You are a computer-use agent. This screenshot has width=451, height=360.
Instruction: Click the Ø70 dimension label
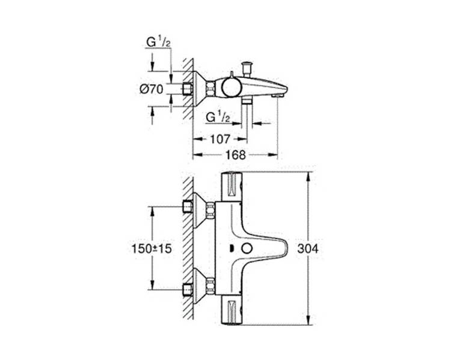152,89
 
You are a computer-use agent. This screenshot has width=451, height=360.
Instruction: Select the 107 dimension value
220,139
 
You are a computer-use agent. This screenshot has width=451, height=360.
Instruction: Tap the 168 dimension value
236,155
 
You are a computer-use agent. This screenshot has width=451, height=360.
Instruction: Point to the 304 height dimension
308,248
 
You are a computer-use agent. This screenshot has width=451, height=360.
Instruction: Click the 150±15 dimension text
152,248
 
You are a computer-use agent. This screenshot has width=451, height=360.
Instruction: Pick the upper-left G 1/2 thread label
159,42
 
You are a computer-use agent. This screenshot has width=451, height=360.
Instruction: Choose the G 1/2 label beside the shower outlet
218,117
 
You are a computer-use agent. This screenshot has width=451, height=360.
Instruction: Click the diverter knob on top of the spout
247,68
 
